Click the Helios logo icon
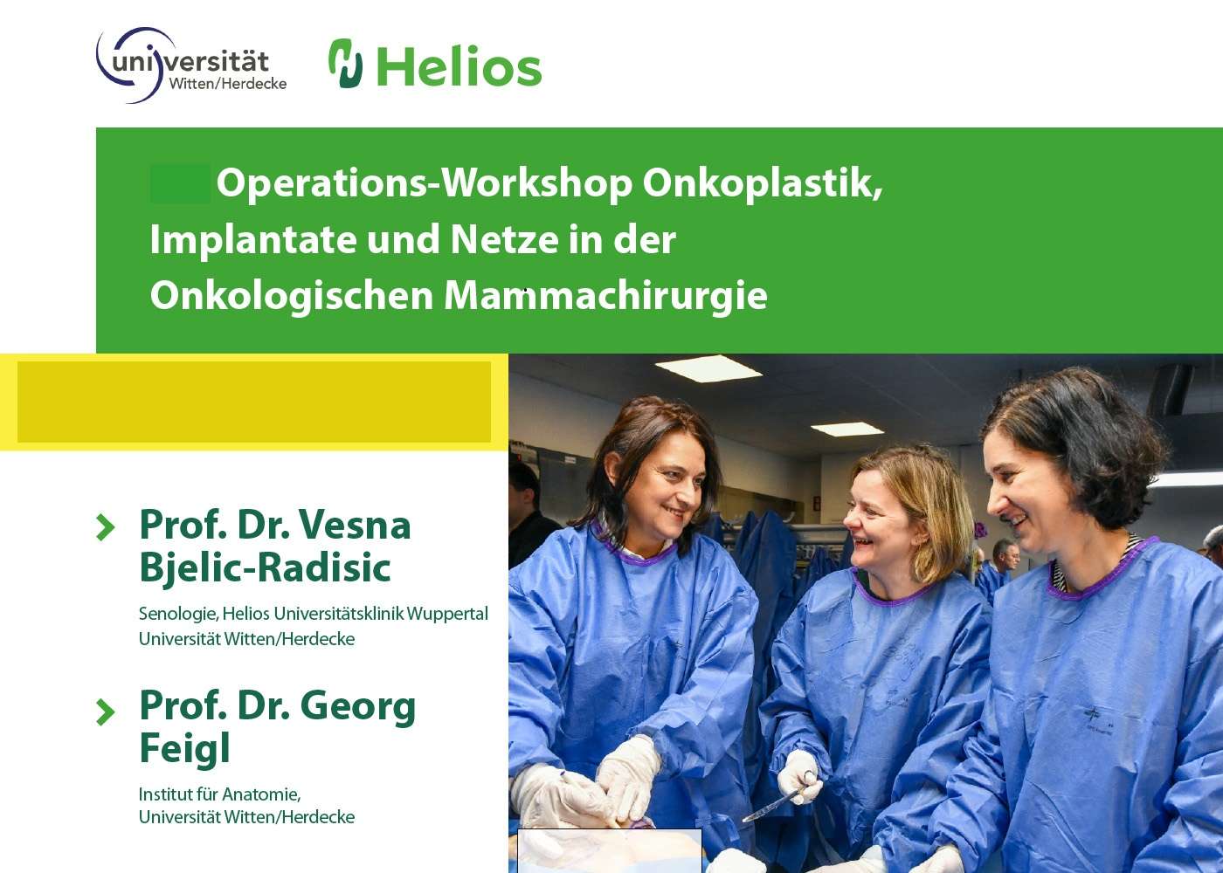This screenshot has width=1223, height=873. click(x=346, y=63)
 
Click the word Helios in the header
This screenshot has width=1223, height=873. click(x=459, y=66)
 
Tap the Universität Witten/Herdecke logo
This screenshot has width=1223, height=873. click(x=191, y=65)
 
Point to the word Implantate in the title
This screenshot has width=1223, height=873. click(x=252, y=239)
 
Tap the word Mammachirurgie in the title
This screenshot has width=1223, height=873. click(x=605, y=295)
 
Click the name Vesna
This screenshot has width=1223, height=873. click(x=355, y=525)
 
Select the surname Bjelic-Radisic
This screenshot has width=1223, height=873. click(x=266, y=567)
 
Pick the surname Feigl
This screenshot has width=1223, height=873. click(x=184, y=749)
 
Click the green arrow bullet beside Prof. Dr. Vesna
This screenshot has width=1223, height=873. click(x=106, y=527)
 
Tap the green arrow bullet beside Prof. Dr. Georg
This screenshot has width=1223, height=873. click(x=106, y=711)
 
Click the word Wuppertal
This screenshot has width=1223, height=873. click(x=447, y=615)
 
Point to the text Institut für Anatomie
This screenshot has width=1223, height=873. click(x=219, y=794)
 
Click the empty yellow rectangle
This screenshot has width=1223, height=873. click(x=254, y=402)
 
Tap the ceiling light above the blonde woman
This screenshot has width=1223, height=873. click(x=846, y=429)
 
